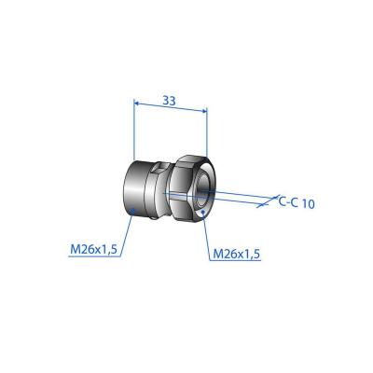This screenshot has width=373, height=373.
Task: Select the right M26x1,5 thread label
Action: click(237, 253)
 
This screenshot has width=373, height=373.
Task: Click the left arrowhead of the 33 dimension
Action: click(138, 108)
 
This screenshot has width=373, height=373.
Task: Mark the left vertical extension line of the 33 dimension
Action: click(134, 131)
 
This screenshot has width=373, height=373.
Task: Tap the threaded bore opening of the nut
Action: click(204, 192)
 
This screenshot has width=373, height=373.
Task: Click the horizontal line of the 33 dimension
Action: click(170, 108)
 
